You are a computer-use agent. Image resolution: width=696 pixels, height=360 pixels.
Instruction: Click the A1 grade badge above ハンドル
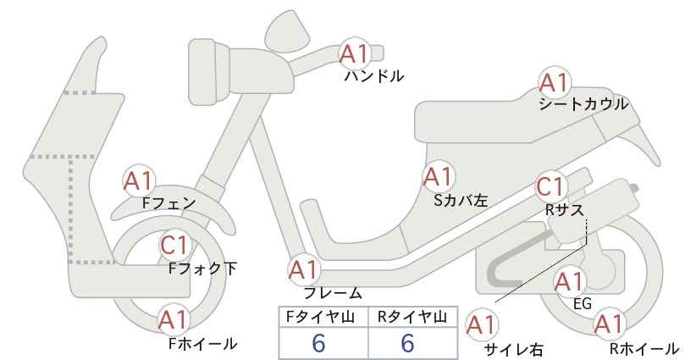click(x=355, y=54)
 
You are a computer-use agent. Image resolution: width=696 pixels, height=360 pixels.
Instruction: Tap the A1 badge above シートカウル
click(x=555, y=82)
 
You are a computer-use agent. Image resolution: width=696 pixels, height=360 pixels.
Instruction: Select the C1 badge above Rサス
click(x=550, y=187)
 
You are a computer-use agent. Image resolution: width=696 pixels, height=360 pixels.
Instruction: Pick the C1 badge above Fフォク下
click(x=175, y=246)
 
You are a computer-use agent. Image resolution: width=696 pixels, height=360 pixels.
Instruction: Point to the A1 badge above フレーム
click(x=304, y=270)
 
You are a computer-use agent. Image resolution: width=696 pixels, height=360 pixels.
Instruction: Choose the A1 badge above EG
click(x=569, y=282)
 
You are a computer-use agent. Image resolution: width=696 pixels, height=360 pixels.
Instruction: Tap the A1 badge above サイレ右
click(x=482, y=326)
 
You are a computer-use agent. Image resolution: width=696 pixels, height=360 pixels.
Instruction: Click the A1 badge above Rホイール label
click(x=609, y=324)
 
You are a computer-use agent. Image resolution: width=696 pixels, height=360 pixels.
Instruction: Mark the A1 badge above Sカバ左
click(x=438, y=177)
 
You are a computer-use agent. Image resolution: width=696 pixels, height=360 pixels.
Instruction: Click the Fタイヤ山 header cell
click(x=323, y=317)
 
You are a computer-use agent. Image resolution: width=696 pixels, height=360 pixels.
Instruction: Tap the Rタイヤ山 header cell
click(x=413, y=317)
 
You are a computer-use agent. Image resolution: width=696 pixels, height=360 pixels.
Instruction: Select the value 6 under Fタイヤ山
click(x=318, y=343)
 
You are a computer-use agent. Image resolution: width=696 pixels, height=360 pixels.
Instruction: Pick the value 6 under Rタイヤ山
click(x=407, y=343)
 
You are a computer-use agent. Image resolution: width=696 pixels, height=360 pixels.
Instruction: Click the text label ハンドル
click(x=374, y=76)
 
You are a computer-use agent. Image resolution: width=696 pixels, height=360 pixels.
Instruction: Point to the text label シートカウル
click(x=583, y=104)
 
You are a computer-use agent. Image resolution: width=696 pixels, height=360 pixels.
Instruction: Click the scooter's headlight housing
click(x=208, y=72)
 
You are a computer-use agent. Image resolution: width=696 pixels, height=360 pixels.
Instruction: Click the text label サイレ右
click(x=514, y=350)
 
